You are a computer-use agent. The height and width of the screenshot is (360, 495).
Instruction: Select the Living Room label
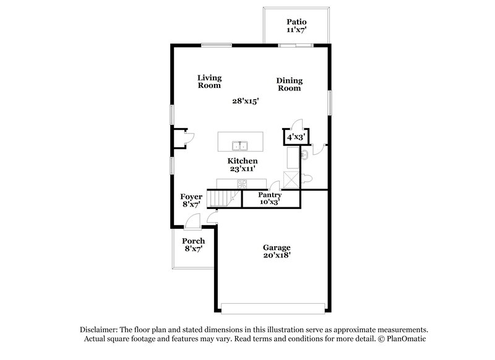210,78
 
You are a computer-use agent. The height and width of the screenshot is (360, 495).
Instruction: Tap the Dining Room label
289,80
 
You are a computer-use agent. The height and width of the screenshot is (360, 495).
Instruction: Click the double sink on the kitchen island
240,146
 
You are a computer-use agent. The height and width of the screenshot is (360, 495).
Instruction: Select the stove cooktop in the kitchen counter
241,182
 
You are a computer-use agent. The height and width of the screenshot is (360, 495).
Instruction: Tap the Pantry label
270,195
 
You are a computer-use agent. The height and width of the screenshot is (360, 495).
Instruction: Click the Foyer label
191,197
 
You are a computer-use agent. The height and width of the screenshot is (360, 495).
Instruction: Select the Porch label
193,241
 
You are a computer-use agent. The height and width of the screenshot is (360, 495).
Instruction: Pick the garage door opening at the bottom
273,307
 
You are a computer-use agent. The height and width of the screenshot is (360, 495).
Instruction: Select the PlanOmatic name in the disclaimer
406,339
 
